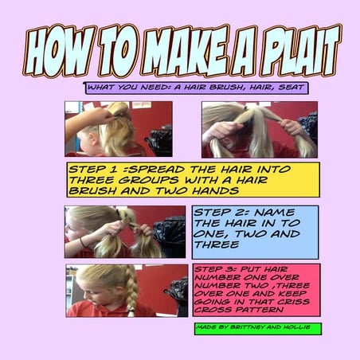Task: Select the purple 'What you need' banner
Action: [x=196, y=87]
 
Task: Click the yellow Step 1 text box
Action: [x=192, y=181]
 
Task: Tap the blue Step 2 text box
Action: [x=255, y=231]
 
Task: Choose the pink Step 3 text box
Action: [x=255, y=289]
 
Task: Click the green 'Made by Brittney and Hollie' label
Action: [x=257, y=327]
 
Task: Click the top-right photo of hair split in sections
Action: [x=259, y=128]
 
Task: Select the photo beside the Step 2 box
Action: [x=125, y=231]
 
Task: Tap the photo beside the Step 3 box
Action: [x=126, y=290]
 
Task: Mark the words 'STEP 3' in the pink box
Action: [x=214, y=269]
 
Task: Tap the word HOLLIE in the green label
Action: [x=301, y=327]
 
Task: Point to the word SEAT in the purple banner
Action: [x=288, y=87]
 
